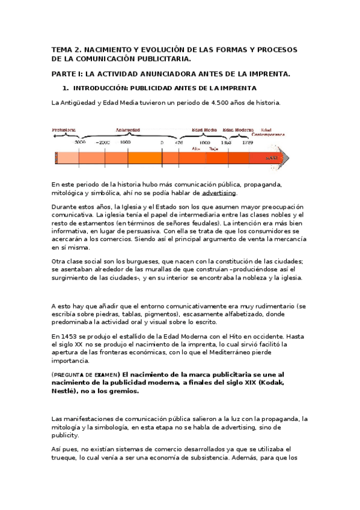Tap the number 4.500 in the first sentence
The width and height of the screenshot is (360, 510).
click(x=223, y=103)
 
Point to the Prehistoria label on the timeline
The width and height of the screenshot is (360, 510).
click(x=64, y=129)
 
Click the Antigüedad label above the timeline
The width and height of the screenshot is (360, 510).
click(x=127, y=129)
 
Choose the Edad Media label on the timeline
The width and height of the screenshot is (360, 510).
click(x=204, y=129)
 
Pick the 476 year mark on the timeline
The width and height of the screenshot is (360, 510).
click(x=179, y=143)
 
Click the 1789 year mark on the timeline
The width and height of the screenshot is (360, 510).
click(x=247, y=143)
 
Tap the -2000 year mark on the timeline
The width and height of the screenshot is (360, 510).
click(x=103, y=143)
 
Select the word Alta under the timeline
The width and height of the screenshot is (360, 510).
click(x=195, y=149)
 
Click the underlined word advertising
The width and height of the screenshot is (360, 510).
click(x=219, y=193)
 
